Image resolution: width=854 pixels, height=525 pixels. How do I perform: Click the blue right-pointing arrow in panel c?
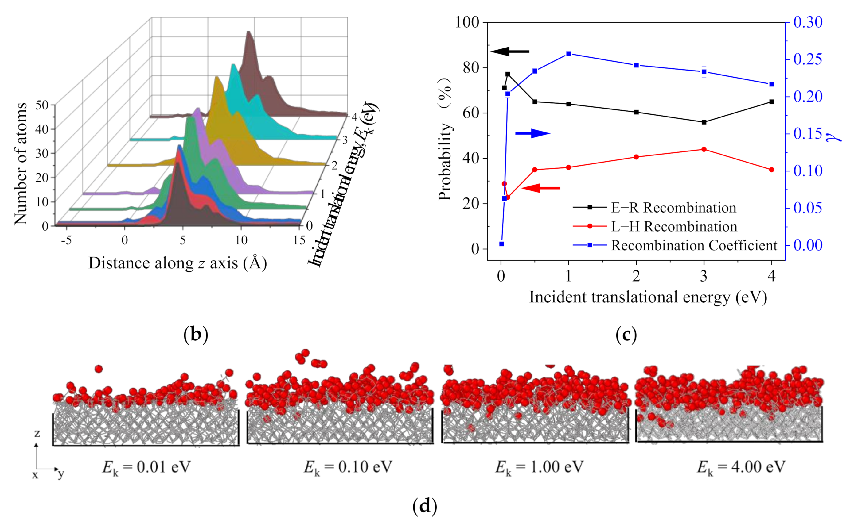532,133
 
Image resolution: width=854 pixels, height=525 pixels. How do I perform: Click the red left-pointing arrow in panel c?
541,188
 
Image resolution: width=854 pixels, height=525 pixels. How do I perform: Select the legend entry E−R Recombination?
673,208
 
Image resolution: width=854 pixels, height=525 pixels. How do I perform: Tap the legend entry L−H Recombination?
674,226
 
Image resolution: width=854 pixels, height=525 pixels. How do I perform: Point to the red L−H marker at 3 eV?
704,149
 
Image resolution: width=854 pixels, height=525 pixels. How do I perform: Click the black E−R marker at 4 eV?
772,102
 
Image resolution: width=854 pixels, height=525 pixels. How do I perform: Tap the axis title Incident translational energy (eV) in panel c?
648,297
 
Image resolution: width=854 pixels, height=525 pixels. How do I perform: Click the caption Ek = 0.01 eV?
146,467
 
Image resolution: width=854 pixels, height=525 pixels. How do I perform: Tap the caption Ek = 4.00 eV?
741,467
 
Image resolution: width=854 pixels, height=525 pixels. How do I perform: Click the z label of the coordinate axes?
37,433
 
